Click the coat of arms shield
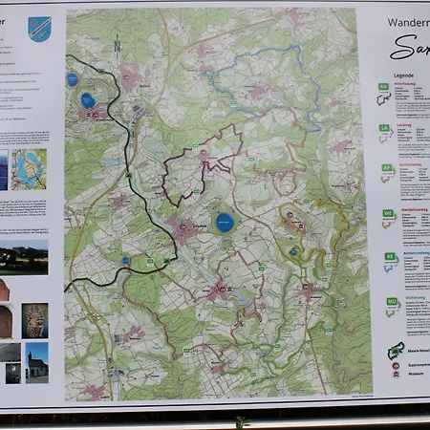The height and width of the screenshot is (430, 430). click(39, 29)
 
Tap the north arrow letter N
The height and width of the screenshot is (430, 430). click(116, 43)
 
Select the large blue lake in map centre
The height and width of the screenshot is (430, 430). click(225, 223)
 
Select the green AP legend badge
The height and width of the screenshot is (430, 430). click(388, 168)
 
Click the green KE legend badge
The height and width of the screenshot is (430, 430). click(389, 256)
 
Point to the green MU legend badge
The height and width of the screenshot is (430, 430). click(391, 300)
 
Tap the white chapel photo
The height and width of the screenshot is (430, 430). click(37, 363)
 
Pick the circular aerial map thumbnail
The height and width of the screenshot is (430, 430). click(30, 169)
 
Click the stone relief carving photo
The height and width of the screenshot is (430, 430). click(35, 321)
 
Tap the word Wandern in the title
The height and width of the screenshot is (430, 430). click(407, 21)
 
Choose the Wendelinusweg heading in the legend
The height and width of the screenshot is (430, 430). click(413, 207)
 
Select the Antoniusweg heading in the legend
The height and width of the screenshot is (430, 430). click(413, 82)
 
